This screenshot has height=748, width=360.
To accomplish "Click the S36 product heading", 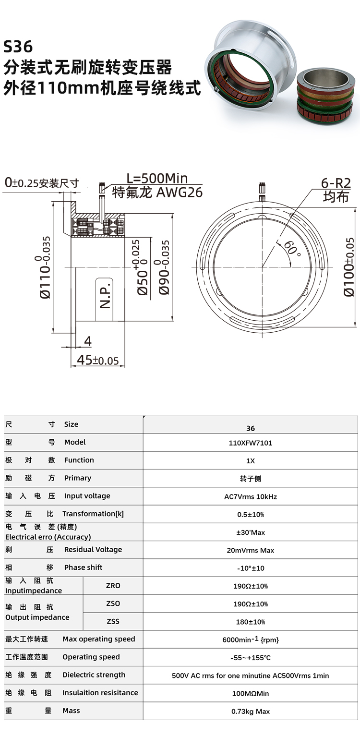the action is (x=18, y=47).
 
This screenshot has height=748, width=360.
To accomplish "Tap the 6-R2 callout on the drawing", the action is (x=336, y=183).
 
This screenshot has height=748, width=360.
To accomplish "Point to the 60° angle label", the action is (x=292, y=248).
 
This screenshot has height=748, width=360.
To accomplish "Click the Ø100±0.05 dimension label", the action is (x=348, y=267).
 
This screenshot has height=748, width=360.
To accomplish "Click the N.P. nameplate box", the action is (x=105, y=299).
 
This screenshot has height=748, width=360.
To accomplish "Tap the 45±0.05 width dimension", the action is (x=98, y=360).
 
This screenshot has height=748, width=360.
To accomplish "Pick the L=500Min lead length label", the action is (x=157, y=178).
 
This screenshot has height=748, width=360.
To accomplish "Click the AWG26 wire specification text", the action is (x=180, y=193).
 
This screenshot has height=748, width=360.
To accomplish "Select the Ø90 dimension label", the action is (x=164, y=267).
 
